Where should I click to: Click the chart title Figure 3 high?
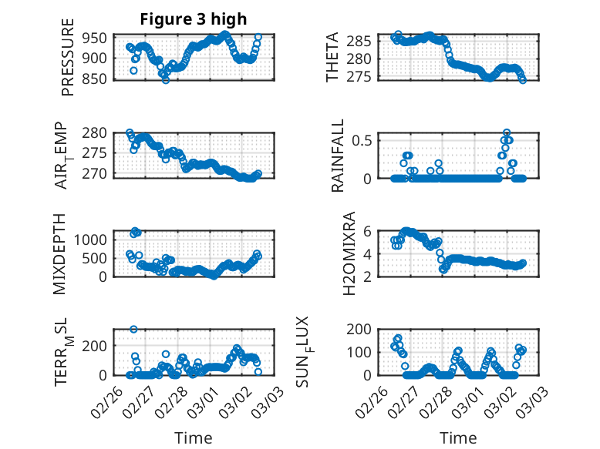[193, 19]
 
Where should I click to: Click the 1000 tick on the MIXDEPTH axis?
[92, 239]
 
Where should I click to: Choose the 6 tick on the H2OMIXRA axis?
[369, 231]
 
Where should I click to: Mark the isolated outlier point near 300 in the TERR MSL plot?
[133, 329]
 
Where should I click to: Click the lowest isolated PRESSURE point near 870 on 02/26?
[133, 71]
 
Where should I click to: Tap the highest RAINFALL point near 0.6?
[507, 132]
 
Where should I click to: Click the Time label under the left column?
[193, 437]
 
